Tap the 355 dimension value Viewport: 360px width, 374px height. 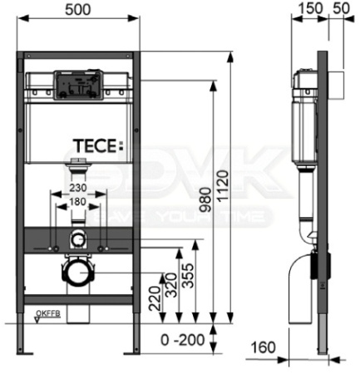point(192,277)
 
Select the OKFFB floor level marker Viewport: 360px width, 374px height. point(47,312)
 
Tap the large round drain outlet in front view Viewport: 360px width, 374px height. point(76,271)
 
